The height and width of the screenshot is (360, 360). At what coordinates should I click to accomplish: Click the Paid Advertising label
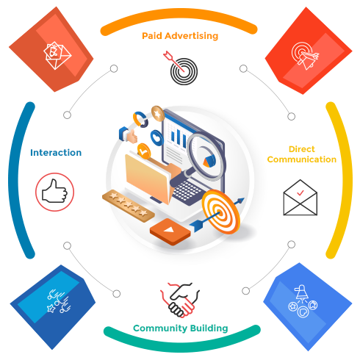point(180,36)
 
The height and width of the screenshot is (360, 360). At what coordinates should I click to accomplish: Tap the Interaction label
point(56,153)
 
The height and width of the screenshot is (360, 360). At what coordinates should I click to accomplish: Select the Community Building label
point(181,328)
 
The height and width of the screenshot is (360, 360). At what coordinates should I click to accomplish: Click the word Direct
point(302,149)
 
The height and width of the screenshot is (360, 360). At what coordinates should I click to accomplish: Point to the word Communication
point(302,159)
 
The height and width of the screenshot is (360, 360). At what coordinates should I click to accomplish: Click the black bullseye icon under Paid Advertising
point(181,68)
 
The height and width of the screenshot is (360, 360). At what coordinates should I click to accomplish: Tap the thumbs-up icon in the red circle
point(54,192)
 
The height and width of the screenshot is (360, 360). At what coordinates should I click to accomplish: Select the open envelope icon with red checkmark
point(300,198)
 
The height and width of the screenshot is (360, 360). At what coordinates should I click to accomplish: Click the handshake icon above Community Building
point(180,300)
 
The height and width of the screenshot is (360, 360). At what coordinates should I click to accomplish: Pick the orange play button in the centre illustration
point(170,231)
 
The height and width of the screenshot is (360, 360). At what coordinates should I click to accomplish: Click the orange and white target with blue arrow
point(220,212)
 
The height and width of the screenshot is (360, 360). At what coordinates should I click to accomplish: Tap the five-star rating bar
point(129,206)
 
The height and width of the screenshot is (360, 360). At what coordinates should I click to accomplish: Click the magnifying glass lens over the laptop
point(206,156)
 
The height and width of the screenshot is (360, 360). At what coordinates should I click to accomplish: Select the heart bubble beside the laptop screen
point(156,138)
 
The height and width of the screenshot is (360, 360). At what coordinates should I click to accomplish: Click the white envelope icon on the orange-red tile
point(57,56)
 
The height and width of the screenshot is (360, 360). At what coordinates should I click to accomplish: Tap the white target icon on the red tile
point(305,56)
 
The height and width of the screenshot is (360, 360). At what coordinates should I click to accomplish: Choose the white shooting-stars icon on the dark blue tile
point(59,301)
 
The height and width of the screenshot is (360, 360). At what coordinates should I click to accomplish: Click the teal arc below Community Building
point(182,347)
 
